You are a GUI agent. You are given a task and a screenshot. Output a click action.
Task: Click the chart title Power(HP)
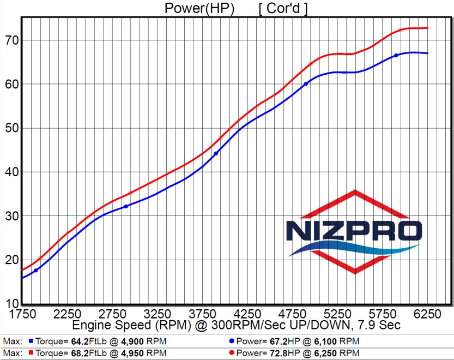tap(199, 8)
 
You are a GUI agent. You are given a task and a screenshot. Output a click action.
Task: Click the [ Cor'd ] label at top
tap(283, 8)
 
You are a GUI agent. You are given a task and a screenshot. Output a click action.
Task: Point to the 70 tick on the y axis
tap(12, 40)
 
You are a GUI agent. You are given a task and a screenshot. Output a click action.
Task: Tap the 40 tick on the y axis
tap(12, 172)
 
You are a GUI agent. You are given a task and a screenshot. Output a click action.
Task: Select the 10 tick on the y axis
tap(12, 303)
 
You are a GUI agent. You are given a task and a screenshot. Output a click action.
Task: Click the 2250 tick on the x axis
tap(67, 314)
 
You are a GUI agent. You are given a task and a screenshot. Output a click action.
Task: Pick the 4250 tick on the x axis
tap(247, 314)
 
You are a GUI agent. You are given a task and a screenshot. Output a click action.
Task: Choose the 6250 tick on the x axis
tap(427, 314)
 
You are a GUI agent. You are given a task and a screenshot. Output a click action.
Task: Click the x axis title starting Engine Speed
tap(237, 325)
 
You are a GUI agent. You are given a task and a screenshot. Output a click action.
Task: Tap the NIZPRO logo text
tap(354, 231)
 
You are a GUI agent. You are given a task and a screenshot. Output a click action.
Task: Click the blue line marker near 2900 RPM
tap(126, 206)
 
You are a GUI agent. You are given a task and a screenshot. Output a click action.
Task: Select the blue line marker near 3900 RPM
tap(216, 153)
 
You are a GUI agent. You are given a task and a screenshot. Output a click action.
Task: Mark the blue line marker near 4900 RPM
tap(306, 84)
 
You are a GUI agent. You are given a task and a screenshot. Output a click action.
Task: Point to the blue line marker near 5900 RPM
tap(396, 55)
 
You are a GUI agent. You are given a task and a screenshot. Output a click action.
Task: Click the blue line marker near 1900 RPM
tap(36, 271)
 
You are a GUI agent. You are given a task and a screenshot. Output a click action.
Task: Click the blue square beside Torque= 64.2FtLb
tap(31, 341)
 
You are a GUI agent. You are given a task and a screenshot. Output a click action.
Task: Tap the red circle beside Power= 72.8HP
tap(231, 353)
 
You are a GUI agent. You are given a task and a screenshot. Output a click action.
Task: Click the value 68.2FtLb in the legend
tap(89, 353)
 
